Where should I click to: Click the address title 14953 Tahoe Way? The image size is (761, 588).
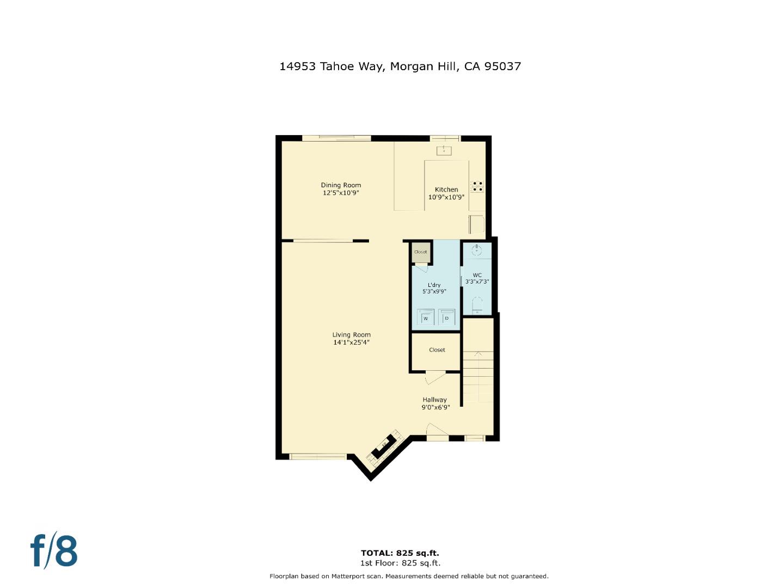[x=400, y=66]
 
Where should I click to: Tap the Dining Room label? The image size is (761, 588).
[x=341, y=185]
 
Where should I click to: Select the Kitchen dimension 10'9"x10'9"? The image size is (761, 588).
[x=446, y=197]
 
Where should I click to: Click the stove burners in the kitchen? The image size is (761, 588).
[x=477, y=186]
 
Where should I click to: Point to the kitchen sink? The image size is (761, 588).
[x=444, y=150]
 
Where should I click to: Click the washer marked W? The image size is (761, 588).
[x=425, y=317]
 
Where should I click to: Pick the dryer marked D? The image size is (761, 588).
[x=446, y=317]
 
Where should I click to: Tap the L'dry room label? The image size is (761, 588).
[x=434, y=285]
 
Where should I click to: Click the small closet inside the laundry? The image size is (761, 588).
[x=421, y=252]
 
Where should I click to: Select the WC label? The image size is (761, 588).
[x=477, y=275]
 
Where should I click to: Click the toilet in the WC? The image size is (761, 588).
[x=477, y=305]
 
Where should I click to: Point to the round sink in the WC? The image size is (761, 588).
[x=477, y=250]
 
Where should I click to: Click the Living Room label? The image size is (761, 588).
[x=351, y=335]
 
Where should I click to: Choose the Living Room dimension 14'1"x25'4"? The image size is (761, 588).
[x=351, y=342]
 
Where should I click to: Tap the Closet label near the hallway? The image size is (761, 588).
[x=437, y=350]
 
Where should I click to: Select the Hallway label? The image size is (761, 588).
[x=434, y=400]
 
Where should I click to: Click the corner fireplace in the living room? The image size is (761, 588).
[x=384, y=447]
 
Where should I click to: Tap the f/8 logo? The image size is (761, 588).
[x=53, y=551]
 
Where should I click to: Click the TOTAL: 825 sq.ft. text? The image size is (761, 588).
[x=400, y=553]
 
